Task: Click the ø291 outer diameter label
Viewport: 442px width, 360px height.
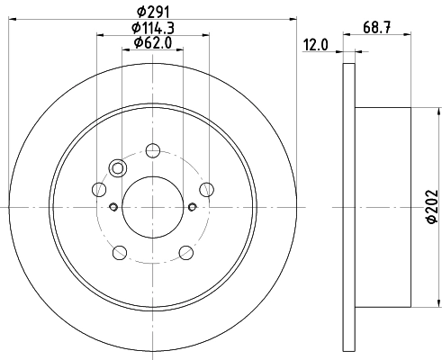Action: click(x=152, y=11)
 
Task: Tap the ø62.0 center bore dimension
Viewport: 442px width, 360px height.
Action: click(x=152, y=42)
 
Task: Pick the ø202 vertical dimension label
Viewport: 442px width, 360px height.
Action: click(x=429, y=206)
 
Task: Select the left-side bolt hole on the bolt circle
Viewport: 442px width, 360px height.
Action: click(x=98, y=189)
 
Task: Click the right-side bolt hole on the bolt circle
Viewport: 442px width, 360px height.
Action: click(x=206, y=189)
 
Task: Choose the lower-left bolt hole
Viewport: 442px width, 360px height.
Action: click(x=119, y=252)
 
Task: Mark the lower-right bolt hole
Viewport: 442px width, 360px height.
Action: click(x=185, y=252)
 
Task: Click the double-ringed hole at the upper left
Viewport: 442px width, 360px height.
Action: click(x=116, y=166)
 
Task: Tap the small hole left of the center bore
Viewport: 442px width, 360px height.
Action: click(x=113, y=207)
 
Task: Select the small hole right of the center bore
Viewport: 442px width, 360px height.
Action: click(x=192, y=207)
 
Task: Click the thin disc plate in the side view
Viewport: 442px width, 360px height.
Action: click(x=349, y=206)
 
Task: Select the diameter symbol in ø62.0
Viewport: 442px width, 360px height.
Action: click(x=137, y=42)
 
